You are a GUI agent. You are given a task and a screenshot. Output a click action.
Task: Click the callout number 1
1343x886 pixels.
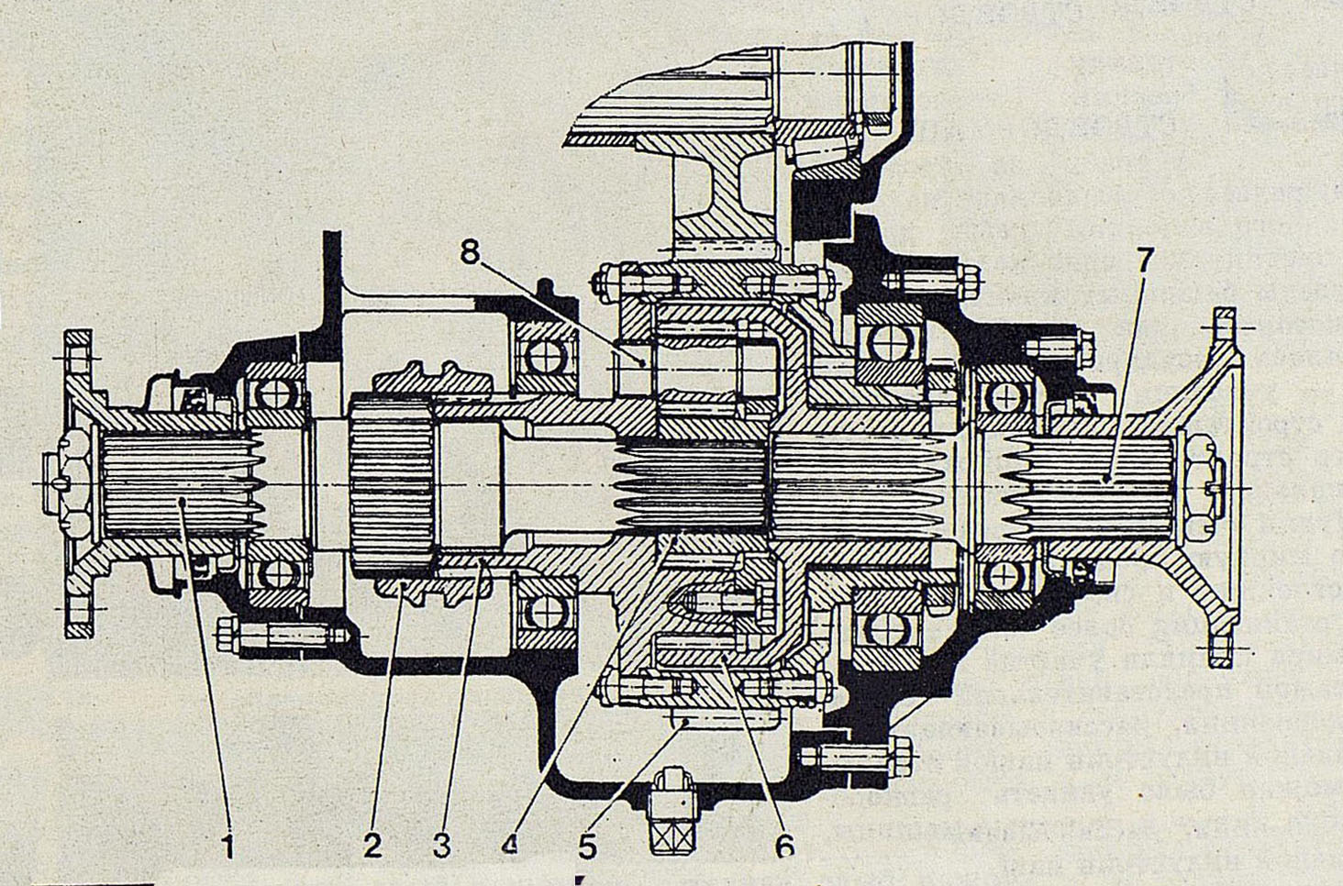coord(228,846)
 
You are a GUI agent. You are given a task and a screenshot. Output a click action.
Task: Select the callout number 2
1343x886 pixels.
coord(372,846)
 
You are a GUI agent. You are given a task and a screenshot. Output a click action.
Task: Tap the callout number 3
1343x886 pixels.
coord(441,846)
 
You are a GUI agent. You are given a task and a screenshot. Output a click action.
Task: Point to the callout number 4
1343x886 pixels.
coord(510,844)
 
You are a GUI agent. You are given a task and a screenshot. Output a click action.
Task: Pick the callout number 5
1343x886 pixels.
coord(587,846)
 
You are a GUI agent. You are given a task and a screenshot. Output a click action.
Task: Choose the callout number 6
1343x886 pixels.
coord(784,846)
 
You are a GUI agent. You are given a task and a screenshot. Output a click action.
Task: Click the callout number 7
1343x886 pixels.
coord(1143,260)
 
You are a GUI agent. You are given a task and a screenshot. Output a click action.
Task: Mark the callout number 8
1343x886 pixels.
coord(470,250)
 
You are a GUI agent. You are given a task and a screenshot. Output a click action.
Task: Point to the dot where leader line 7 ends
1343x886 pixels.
coord(1108,478)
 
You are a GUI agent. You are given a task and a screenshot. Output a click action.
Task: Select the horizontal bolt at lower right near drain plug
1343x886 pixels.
coord(858,755)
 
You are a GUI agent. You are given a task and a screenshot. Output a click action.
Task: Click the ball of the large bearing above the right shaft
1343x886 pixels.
coord(885,343)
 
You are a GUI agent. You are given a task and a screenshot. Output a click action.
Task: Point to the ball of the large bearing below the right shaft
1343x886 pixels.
coord(885,627)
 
